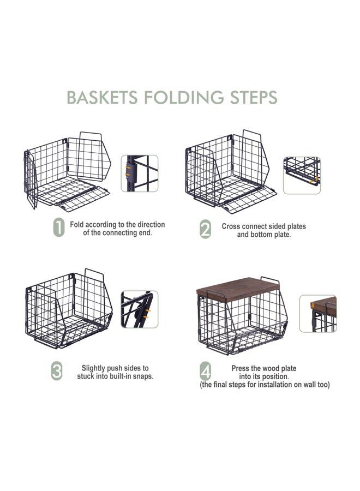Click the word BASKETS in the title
[102, 98]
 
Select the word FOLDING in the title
[184, 98]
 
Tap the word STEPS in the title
[254, 98]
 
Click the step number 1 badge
[59, 227]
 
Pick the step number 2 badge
[205, 229]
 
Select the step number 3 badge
[57, 371]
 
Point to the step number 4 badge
[205, 371]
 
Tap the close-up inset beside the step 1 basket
[140, 173]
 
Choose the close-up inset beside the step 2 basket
[302, 175]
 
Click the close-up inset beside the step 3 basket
[140, 309]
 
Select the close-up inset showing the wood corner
[318, 314]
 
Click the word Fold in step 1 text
[77, 225]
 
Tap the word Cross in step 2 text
[231, 226]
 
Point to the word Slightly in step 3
[93, 368]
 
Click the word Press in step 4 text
[240, 369]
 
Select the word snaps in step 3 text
[143, 376]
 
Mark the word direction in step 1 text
[152, 225]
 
